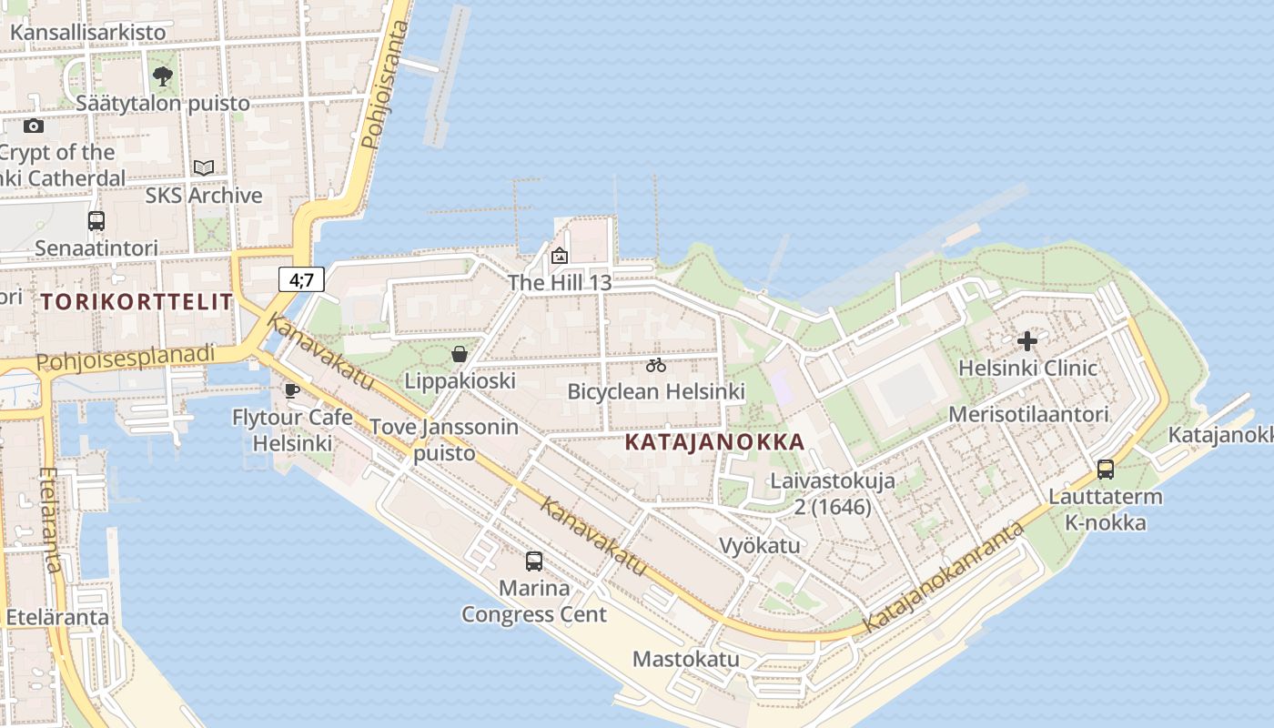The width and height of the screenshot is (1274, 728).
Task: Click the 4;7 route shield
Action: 301,279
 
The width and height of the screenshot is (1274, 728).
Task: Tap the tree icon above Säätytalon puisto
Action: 163,76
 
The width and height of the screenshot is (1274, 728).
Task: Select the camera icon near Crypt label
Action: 34,126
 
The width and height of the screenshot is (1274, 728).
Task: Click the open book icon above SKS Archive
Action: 204,168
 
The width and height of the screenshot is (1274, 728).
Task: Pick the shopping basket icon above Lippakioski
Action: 460,353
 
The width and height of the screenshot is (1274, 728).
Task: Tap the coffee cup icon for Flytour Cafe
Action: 291,390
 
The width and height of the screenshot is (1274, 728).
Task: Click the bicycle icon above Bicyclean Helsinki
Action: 656,366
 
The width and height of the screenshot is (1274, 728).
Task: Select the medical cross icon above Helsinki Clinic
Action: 1027,342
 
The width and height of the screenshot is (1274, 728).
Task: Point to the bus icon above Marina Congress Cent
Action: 534,561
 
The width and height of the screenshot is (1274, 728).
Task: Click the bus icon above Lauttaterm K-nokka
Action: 1106,470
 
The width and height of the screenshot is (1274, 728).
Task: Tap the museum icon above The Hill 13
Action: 560,256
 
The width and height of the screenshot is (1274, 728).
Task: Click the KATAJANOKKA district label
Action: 715,442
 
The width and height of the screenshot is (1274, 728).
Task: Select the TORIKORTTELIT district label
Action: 136,302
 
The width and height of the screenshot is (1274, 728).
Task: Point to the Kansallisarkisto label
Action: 88,33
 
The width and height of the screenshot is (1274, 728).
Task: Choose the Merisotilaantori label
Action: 1028,415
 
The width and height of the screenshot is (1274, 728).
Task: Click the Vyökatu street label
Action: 760,545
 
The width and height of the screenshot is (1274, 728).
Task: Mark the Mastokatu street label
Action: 686,659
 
